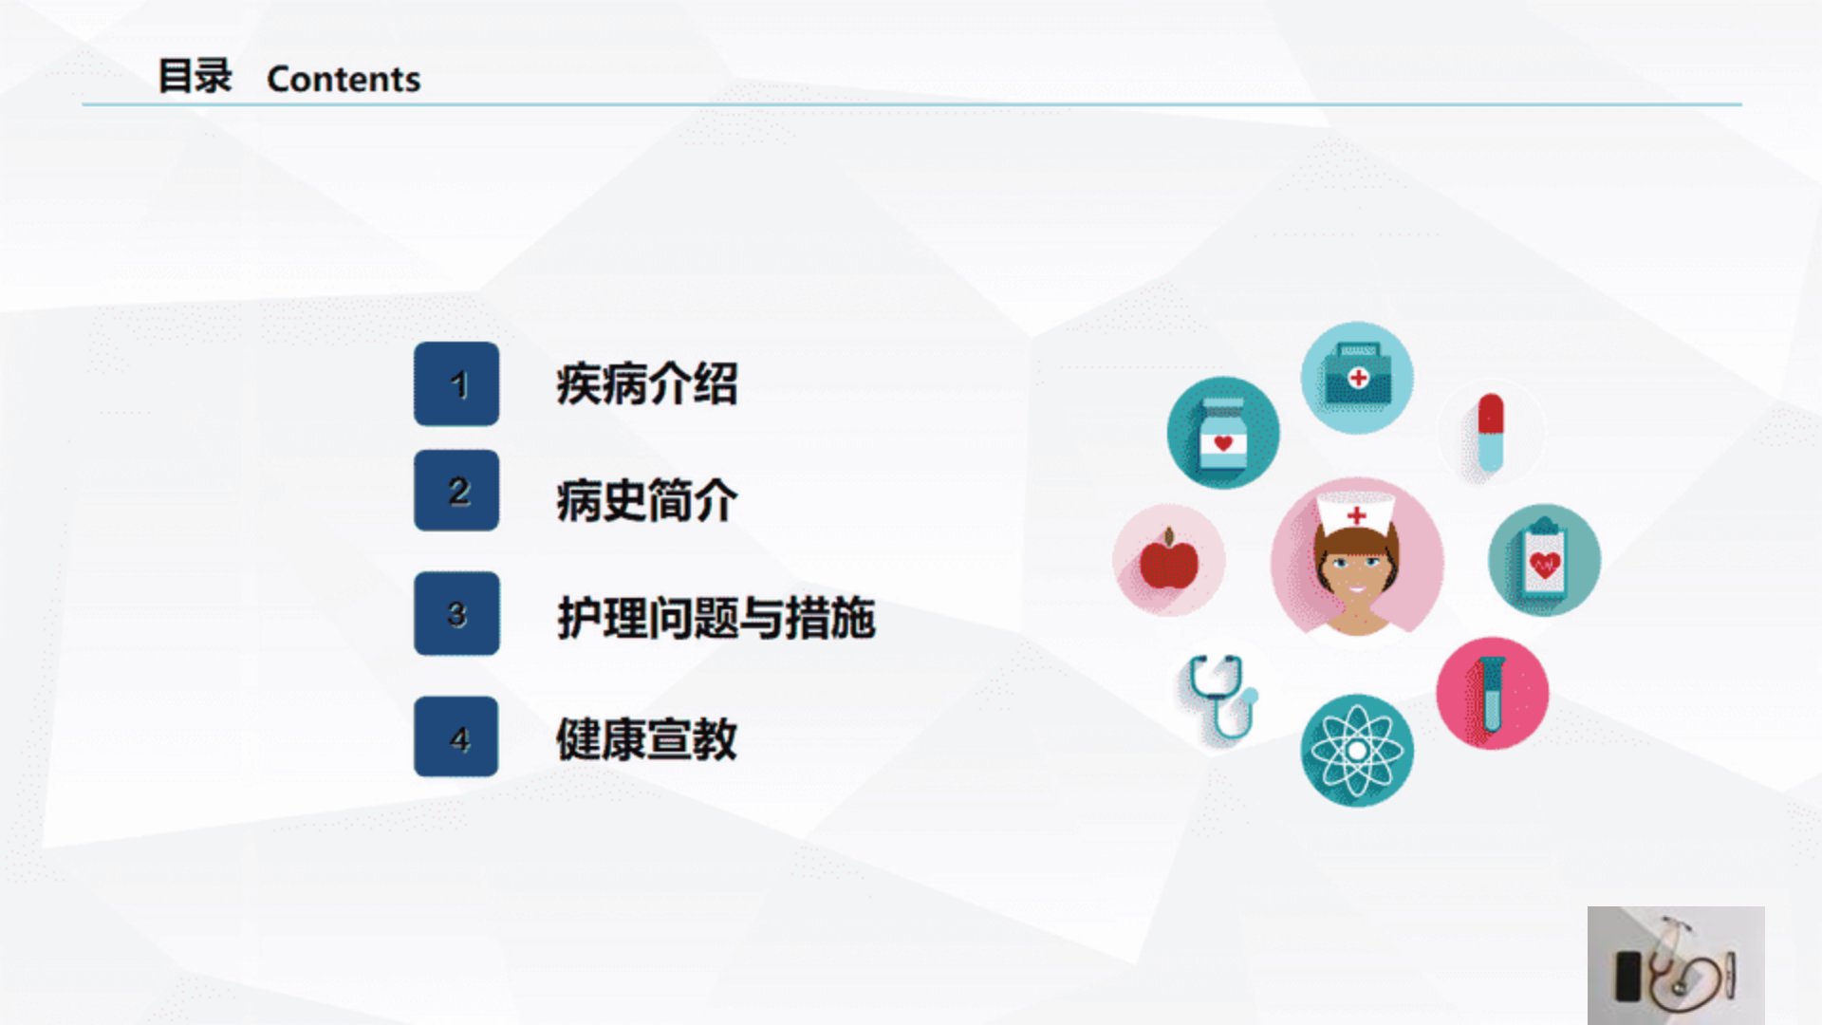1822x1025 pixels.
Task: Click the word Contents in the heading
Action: [344, 79]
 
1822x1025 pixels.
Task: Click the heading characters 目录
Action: [195, 76]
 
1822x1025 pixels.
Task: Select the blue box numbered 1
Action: [456, 383]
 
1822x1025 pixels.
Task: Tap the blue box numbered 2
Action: [456, 491]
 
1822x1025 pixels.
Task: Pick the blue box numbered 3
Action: [456, 613]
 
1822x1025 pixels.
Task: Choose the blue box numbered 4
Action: [456, 736]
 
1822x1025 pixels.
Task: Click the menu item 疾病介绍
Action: [646, 384]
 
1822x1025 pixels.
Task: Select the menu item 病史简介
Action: [646, 500]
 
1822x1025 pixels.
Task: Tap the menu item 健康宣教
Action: [646, 738]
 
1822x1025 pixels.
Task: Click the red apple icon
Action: [1169, 560]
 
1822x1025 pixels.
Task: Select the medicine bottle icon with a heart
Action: [1223, 433]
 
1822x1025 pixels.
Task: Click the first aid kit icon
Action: [1357, 378]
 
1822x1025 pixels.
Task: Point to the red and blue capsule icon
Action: [1491, 433]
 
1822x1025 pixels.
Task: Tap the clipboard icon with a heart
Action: [1544, 560]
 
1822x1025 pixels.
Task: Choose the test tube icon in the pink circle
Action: [1493, 694]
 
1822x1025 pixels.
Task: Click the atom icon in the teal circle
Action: [1357, 751]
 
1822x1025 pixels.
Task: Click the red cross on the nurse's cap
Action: [1357, 515]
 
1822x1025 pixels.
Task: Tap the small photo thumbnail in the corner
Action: [1676, 965]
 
